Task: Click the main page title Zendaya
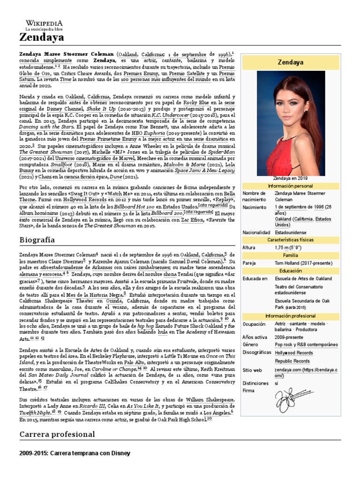[x=42, y=37]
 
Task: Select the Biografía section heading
[x=37, y=240]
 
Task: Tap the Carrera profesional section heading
[x=57, y=434]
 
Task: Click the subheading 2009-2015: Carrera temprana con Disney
[x=75, y=453]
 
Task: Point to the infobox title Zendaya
[x=290, y=61]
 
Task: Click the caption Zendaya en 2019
[x=290, y=178]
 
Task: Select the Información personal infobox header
[x=290, y=186]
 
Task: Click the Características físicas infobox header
[x=290, y=240]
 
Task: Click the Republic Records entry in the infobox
[x=292, y=361]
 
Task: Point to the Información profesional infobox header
[x=290, y=316]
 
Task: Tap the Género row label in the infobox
[x=251, y=345]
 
